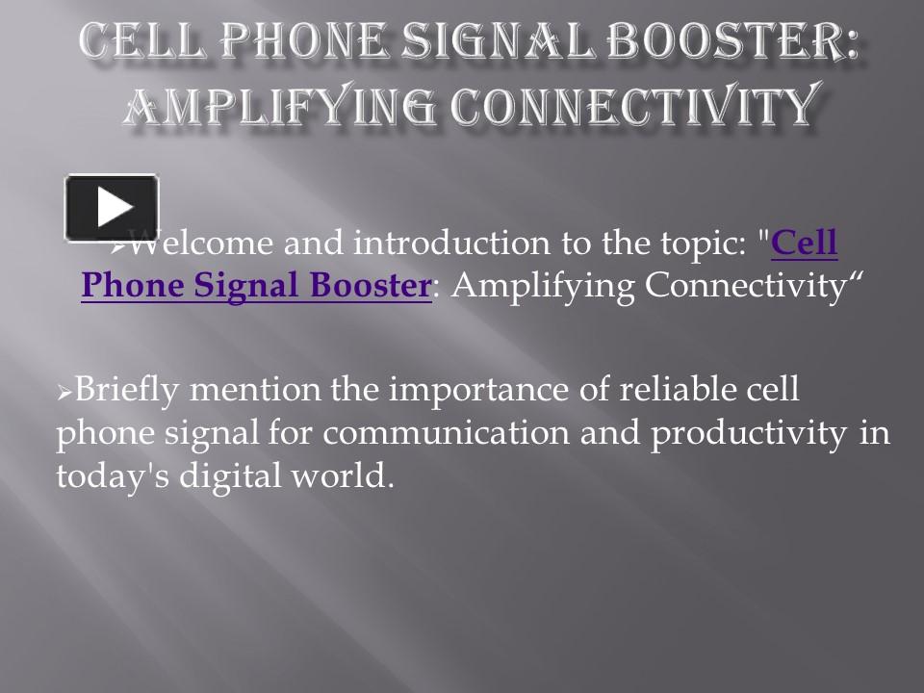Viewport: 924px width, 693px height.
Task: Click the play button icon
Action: tap(112, 208)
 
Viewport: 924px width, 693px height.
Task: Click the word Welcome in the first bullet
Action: tap(189, 244)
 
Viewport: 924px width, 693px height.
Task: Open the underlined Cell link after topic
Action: tap(805, 244)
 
